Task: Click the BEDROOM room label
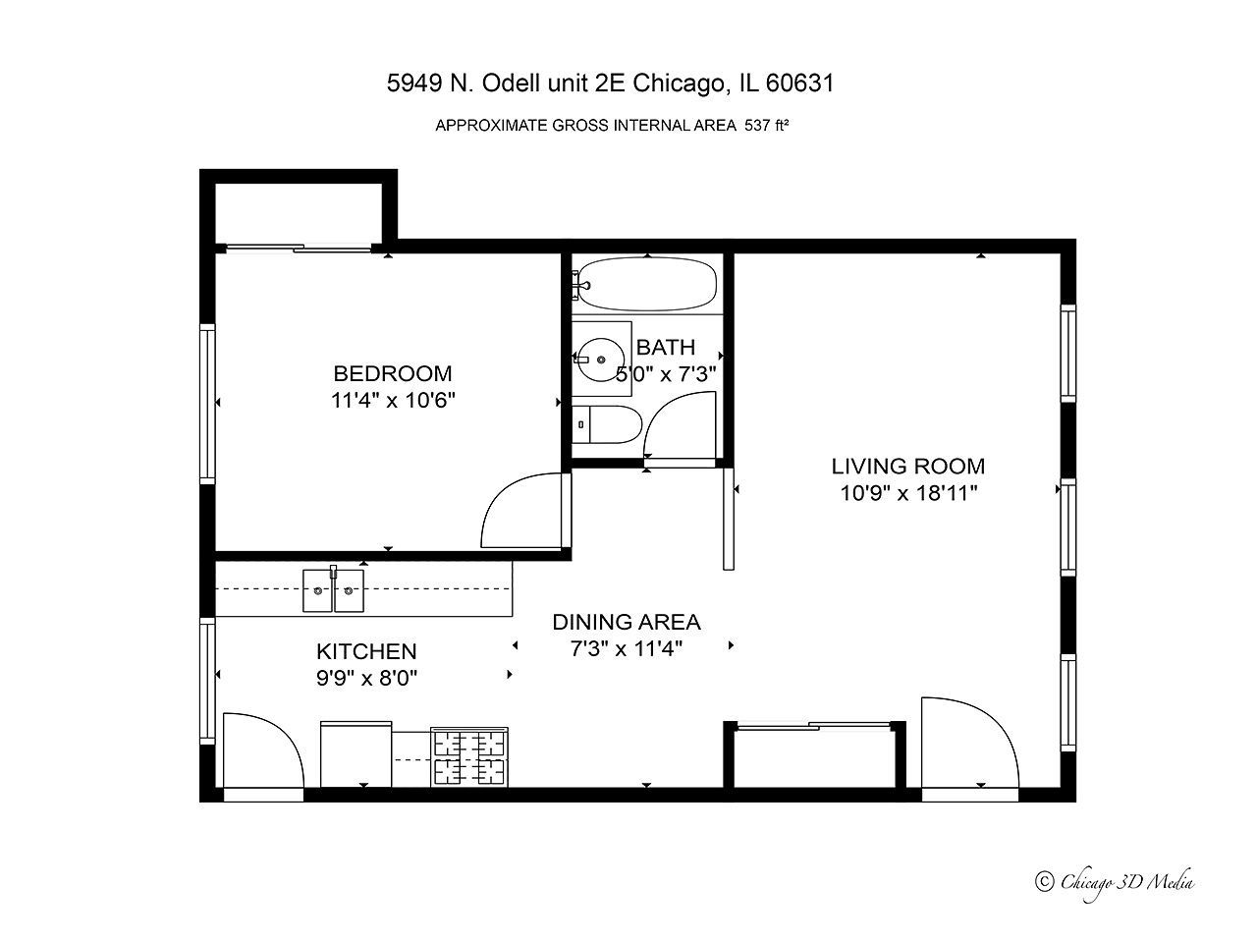[x=393, y=373]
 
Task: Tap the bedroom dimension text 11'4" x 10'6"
[x=393, y=401]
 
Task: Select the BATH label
[x=666, y=347]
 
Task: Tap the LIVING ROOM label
[x=908, y=467]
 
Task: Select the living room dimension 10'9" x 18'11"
[x=908, y=493]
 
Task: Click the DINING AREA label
[x=627, y=622]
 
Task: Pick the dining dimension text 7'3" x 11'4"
[x=627, y=648]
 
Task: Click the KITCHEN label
[x=366, y=651]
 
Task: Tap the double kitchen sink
[x=334, y=590]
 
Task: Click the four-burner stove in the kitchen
[x=470, y=757]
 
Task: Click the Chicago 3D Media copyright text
[x=1116, y=881]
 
